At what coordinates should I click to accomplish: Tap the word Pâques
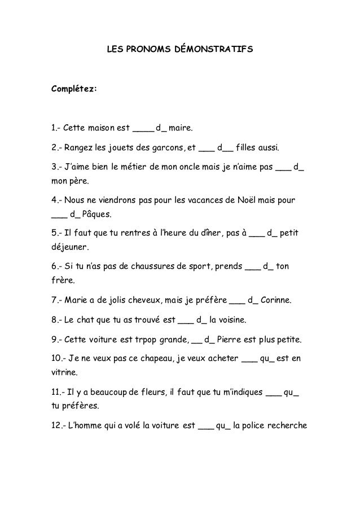[x=96, y=215]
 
